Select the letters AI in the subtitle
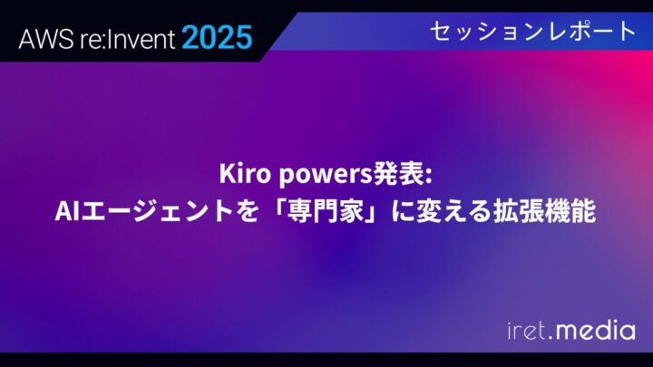pyautogui.click(x=67, y=213)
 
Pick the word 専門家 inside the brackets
pyautogui.click(x=318, y=213)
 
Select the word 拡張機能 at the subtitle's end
pyautogui.click(x=544, y=213)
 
